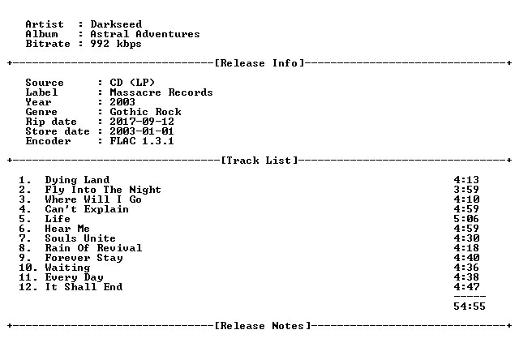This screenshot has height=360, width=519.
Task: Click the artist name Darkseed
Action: [116, 24]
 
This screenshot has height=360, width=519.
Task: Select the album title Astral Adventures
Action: [145, 34]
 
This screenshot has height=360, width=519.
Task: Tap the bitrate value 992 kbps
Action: [116, 44]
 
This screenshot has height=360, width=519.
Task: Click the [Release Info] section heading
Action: [259, 63]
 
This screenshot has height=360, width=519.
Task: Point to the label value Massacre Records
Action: [161, 92]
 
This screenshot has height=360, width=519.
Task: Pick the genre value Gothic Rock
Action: [145, 112]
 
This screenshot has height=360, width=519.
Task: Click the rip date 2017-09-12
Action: [142, 122]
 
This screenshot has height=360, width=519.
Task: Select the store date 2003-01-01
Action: [142, 131]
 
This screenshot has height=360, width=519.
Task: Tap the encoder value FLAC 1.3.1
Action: [142, 141]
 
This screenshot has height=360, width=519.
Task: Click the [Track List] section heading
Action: [259, 161]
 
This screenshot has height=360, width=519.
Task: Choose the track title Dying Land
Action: [77, 180]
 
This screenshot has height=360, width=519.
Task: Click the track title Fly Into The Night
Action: [103, 190]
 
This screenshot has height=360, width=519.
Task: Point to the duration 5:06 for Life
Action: [466, 219]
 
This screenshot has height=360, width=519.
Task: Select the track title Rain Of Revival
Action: [94, 248]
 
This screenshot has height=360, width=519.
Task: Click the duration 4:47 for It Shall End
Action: [466, 287]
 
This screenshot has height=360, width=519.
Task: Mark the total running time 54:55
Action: [470, 306]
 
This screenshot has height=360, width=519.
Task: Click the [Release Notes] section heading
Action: [263, 326]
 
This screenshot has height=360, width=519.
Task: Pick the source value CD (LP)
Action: [132, 83]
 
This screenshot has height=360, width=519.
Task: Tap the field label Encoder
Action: [48, 141]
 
